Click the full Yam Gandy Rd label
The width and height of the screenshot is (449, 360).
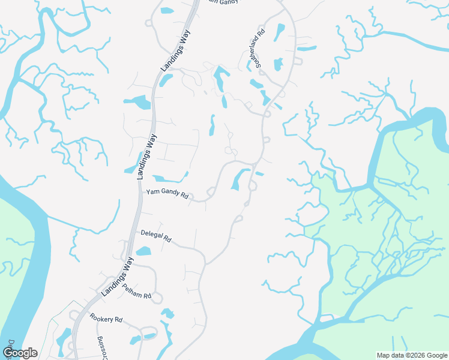point(167,195)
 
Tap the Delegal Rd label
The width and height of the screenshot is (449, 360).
point(156,236)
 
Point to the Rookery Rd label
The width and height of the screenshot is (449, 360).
point(106,318)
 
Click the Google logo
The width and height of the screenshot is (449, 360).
point(20,353)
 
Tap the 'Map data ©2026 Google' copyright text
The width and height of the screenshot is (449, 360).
point(411,355)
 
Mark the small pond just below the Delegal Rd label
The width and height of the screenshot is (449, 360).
point(143,251)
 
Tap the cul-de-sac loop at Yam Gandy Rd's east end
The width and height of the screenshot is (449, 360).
point(211,191)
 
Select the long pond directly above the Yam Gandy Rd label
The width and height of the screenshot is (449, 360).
point(169,178)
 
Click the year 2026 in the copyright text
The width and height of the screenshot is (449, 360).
point(417,355)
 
